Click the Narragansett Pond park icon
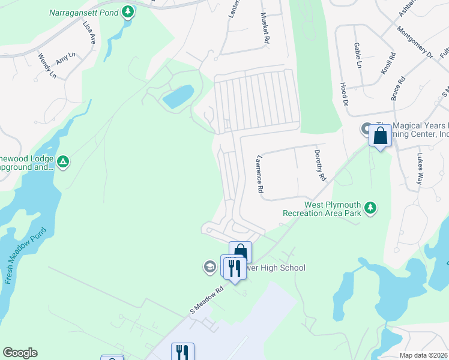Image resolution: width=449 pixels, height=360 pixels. (127, 11)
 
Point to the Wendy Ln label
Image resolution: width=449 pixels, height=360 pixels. (47, 67)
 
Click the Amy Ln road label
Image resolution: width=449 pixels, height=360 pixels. (65, 57)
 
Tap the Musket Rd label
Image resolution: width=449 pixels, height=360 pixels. (264, 29)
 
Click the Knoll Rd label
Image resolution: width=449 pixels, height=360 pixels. (388, 62)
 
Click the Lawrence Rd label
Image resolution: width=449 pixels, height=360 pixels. (260, 175)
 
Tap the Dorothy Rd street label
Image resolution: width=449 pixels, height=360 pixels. (320, 166)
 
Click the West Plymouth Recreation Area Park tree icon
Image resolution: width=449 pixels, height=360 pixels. (372, 207)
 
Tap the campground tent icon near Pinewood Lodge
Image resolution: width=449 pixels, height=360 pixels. (63, 161)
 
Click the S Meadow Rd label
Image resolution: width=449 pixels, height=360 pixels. (206, 301)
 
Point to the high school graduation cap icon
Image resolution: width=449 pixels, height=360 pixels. (209, 267)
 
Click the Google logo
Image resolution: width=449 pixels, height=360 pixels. (20, 353)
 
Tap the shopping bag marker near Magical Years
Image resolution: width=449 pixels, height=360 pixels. (381, 136)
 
